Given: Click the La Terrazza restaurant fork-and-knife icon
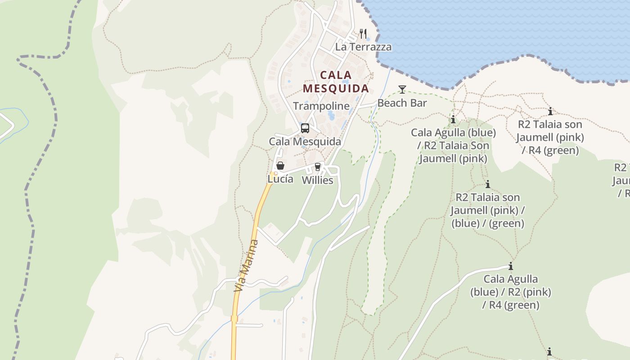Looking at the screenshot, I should (363, 34).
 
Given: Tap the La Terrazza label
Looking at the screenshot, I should (363, 47).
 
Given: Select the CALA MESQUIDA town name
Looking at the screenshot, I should (336, 81).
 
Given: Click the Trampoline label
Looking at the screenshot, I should (321, 106).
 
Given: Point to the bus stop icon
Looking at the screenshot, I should (305, 128).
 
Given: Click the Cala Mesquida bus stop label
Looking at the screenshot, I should (305, 141).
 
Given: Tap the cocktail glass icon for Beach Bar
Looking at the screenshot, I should (402, 90).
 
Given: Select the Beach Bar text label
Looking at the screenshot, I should (402, 103).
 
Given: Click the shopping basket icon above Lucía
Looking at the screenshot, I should (280, 166).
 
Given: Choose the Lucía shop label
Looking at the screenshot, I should (280, 179).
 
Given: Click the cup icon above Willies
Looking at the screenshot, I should (318, 167).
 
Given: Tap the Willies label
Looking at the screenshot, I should (317, 180).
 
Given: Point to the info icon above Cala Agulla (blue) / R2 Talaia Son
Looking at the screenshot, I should (453, 120).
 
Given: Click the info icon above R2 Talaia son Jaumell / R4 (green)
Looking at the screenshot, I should (550, 111).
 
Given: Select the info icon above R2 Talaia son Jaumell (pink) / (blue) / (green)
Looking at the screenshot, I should (488, 184).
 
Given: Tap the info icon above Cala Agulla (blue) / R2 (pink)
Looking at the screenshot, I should (511, 266).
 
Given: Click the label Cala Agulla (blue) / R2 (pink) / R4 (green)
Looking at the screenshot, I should (511, 292).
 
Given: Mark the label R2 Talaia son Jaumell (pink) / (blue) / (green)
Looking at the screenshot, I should (488, 210).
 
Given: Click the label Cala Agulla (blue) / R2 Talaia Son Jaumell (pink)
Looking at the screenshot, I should (453, 145).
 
